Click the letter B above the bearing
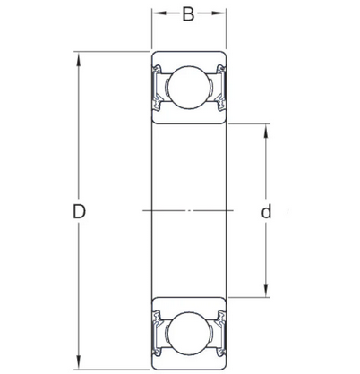187,14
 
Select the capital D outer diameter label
79,212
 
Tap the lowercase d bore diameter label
266,212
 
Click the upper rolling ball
188,89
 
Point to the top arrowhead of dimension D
79,60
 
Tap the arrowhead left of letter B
155,14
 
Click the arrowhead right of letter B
221,14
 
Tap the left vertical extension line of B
150,31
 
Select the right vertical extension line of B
227,31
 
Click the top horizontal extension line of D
107,55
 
